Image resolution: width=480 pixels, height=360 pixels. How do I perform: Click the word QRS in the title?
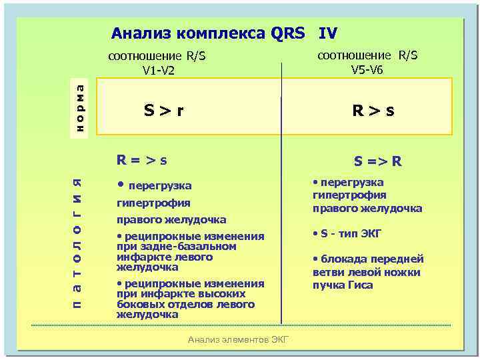(288, 33)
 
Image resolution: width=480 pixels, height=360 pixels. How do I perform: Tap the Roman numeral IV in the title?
(328, 33)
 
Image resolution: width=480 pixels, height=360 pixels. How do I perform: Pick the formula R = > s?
(141, 160)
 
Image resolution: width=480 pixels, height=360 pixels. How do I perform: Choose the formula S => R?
(377, 161)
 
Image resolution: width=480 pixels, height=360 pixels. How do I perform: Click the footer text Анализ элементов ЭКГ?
(238, 339)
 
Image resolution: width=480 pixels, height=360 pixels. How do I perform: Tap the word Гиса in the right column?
(360, 285)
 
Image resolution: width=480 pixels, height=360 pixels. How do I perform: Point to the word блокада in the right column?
(343, 259)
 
